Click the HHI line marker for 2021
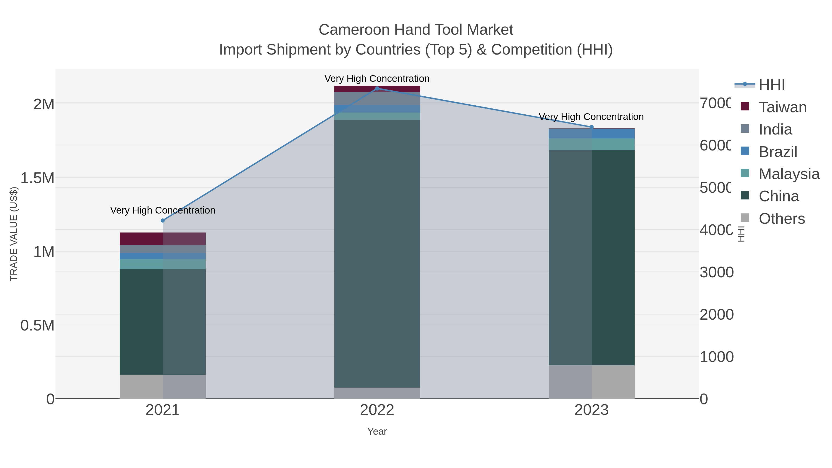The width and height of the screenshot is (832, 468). click(163, 221)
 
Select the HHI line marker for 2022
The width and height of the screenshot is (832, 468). click(377, 89)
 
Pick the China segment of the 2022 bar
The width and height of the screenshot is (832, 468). click(377, 254)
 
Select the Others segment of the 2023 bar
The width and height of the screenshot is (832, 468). click(591, 382)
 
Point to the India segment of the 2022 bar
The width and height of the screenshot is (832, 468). click(377, 98)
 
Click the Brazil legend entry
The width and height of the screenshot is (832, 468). click(778, 152)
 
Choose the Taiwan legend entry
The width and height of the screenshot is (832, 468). click(782, 107)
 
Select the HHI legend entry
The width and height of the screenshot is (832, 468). click(771, 85)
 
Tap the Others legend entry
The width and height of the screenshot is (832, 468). click(781, 219)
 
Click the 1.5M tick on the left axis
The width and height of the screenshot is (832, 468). click(37, 178)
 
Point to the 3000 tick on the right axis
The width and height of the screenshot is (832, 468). click(716, 272)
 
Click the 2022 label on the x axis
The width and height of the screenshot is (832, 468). click(377, 410)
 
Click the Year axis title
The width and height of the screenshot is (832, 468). click(377, 431)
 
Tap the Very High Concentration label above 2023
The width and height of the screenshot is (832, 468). click(591, 117)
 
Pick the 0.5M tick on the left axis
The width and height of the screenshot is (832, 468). click(37, 326)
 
